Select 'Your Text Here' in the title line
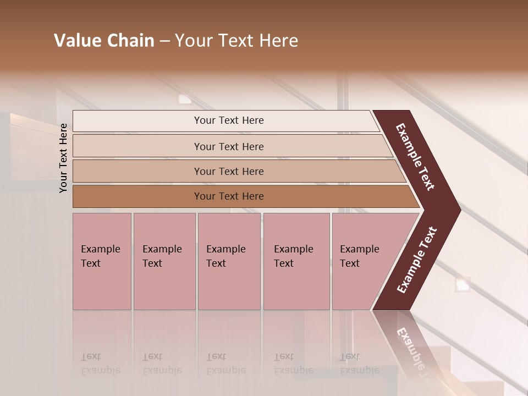[x=237, y=41]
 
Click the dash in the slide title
[x=164, y=41]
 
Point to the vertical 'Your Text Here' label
[x=63, y=158]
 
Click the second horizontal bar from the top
[x=228, y=146]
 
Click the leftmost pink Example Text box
[x=102, y=261]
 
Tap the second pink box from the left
[x=164, y=261]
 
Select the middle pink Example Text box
[x=229, y=261]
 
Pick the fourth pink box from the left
[x=296, y=261]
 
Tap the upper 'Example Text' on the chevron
[x=415, y=157]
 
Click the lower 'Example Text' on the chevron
[x=417, y=260]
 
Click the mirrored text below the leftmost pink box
[x=100, y=364]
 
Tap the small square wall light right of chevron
[x=462, y=285]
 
